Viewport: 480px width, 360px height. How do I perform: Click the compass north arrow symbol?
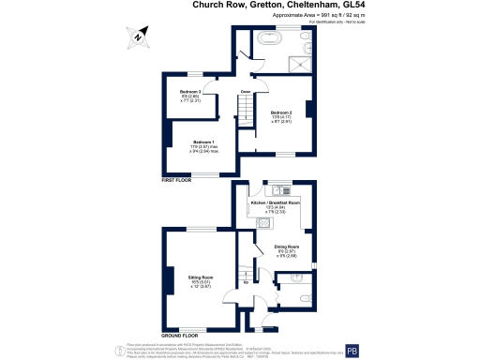pyautogui.click(x=139, y=37)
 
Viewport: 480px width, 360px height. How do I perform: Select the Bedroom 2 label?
pyautogui.click(x=281, y=111)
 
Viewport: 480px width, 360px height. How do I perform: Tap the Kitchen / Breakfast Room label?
pyautogui.click(x=275, y=202)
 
